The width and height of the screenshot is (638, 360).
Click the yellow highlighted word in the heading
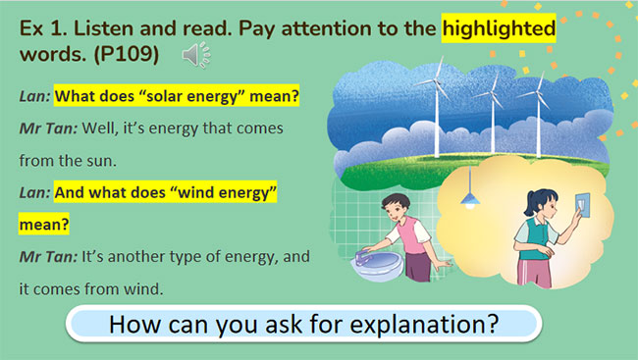coord(499,28)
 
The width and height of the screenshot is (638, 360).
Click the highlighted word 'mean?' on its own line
coord(44,225)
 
